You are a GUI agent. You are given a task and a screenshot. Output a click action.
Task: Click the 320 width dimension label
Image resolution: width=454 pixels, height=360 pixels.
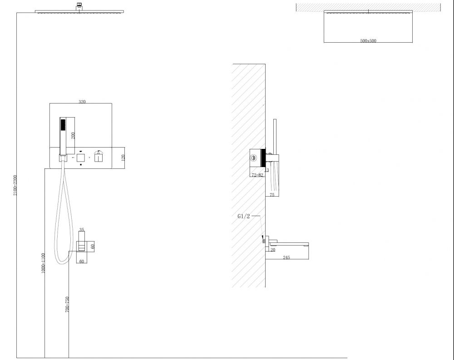coord(82,102)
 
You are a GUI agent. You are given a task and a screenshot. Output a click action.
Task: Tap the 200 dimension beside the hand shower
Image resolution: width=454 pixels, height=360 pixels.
coord(73,136)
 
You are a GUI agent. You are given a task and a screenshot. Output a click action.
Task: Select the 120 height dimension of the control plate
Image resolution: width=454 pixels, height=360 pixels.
coord(123,158)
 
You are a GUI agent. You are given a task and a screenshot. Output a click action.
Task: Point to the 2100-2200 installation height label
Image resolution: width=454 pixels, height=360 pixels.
coord(15,185)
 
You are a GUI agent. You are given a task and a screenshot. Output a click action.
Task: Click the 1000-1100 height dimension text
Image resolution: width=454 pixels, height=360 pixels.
coord(43,263)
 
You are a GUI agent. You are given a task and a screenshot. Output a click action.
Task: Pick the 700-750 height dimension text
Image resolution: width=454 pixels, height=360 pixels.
coord(67,305)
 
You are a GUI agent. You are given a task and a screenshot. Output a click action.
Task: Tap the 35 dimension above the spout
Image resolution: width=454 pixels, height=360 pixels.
coord(82,230)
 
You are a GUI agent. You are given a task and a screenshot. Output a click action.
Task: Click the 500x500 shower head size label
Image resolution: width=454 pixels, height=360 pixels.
coord(368,41)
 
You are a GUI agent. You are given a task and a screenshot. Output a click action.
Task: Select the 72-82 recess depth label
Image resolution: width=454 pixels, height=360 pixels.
coord(257,175)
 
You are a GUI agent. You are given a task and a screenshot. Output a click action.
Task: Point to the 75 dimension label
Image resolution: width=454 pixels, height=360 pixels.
coord(272,195)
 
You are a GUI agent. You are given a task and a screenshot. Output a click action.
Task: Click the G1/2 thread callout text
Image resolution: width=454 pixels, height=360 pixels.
coord(244,216)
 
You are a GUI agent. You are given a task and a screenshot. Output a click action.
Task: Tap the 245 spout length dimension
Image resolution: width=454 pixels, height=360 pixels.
coord(286,257)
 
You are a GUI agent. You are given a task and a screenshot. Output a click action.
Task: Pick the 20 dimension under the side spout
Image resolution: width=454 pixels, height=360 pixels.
coord(273,250)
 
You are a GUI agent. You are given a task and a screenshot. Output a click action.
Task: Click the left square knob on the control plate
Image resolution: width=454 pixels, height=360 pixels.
coord(81,158)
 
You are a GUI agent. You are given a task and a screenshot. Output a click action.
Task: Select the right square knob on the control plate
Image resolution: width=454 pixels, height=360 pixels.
coord(99,158)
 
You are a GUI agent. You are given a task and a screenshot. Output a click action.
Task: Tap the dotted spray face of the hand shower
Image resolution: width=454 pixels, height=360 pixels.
coord(62,126)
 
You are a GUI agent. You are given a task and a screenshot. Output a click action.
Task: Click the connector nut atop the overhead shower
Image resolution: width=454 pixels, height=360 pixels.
coord(79,5)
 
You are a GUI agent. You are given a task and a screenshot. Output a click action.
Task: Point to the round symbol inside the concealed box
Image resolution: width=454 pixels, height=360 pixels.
coord(254,158)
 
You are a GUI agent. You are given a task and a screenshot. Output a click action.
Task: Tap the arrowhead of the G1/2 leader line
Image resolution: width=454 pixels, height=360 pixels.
coord(262,237)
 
